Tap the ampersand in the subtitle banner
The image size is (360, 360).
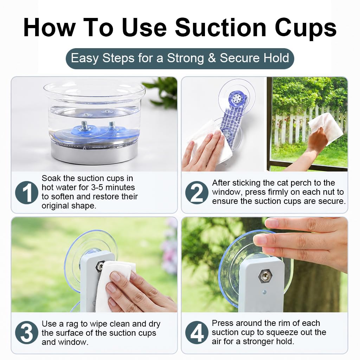pyautogui.click(x=212, y=58)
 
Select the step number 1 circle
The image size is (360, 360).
pyautogui.click(x=26, y=192)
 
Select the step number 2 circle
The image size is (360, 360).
pyautogui.click(x=197, y=192)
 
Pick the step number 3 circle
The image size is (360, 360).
pyautogui.click(x=26, y=333)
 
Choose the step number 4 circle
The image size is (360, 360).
pyautogui.click(x=197, y=333)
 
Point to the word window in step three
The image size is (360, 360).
pyautogui.click(x=72, y=342)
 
